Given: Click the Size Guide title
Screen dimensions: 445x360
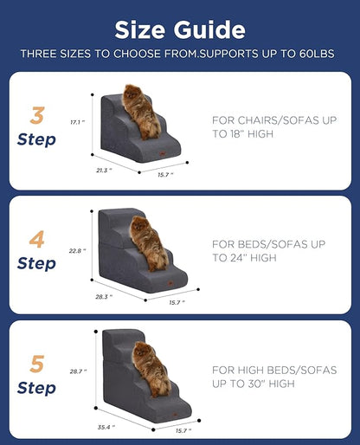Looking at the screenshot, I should pyautogui.click(x=180, y=29).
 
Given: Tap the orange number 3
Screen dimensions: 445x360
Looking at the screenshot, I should pyautogui.click(x=37, y=115).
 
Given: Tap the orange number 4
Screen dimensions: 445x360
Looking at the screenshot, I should pyautogui.click(x=37, y=239).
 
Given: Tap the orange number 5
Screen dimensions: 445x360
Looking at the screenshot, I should pyautogui.click(x=37, y=364).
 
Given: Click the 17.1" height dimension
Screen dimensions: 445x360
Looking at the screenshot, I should pyautogui.click(x=77, y=122).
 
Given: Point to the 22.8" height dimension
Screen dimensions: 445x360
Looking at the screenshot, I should pyautogui.click(x=77, y=251).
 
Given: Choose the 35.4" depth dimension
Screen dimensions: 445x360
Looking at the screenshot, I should pyautogui.click(x=106, y=427).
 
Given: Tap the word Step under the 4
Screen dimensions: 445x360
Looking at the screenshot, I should pyautogui.click(x=36, y=263).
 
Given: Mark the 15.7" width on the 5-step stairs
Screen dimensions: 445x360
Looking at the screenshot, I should pyautogui.click(x=182, y=430).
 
